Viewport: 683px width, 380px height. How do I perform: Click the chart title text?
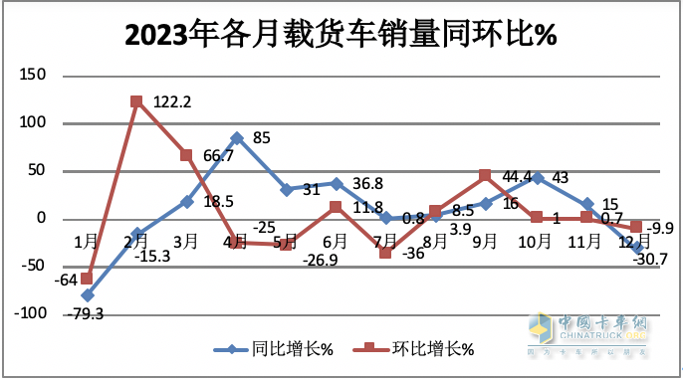tap(341, 35)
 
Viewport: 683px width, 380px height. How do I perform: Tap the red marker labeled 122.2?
tap(136, 101)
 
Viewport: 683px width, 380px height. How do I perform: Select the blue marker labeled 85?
tap(236, 137)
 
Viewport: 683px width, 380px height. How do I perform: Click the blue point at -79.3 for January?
tap(87, 295)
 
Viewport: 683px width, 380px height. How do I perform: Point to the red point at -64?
tap(87, 280)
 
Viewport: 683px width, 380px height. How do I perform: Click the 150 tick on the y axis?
tap(36, 76)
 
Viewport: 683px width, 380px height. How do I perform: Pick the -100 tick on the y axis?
tap(33, 314)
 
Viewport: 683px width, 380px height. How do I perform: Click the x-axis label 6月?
tap(336, 242)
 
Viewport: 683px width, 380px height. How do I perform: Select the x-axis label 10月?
tap(536, 242)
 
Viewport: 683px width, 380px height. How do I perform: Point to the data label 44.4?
tap(516, 177)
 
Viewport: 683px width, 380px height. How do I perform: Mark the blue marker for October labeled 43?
tap(537, 178)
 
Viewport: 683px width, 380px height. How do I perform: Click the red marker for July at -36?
tap(386, 254)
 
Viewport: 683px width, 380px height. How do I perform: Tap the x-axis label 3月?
tap(186, 242)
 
